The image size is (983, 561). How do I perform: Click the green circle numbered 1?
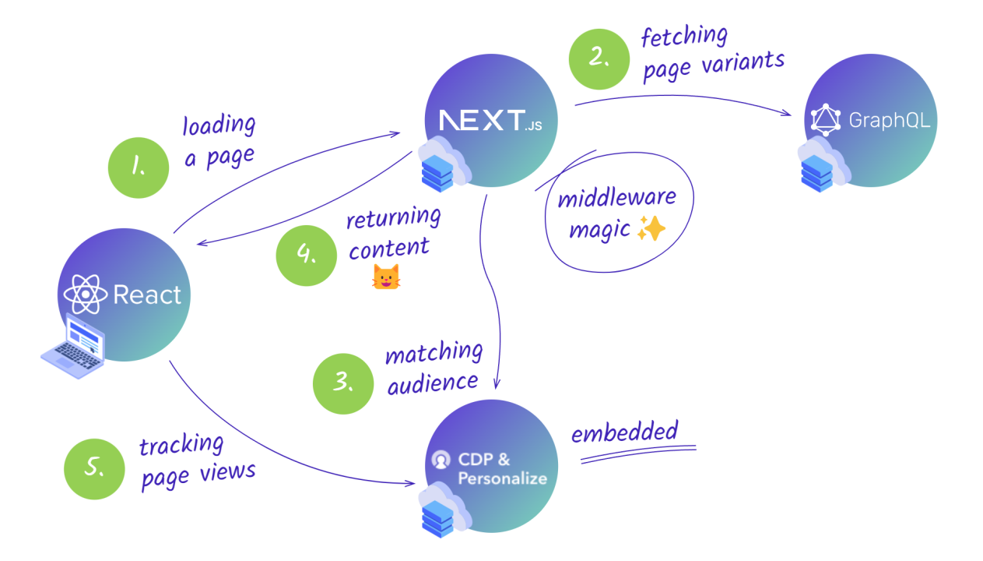coord(139,167)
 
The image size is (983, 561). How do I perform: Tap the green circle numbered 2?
coord(599,59)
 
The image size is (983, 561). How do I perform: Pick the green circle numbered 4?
coord(307,256)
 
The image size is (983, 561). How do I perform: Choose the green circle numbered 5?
coord(94,468)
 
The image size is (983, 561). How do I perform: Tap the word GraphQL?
coord(889,121)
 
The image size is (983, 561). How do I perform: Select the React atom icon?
coord(85,295)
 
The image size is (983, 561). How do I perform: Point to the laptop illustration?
coord(74,347)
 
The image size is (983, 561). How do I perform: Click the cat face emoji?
coord(386,277)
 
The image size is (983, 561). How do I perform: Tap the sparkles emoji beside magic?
coord(651,228)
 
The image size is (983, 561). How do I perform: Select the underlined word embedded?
coord(624,432)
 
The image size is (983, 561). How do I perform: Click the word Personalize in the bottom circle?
coord(502,478)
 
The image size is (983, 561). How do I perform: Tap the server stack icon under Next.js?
coord(438,171)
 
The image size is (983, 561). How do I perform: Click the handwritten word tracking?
coord(181,446)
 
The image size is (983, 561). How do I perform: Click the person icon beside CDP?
coord(441,460)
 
